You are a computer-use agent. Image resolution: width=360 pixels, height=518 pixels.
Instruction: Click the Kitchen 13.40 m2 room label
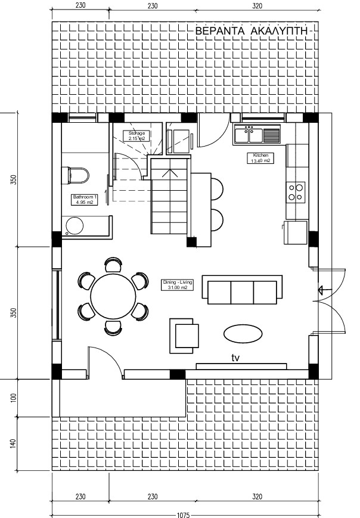[260, 158]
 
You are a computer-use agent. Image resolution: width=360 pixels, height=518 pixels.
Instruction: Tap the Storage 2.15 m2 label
[136, 136]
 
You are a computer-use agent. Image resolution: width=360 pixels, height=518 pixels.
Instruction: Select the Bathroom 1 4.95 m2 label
[85, 200]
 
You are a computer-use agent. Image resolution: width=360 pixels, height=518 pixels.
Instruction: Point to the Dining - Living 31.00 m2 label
[178, 285]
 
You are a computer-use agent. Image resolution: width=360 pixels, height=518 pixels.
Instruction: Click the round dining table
[113, 296]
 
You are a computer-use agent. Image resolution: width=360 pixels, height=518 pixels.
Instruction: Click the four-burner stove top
[296, 193]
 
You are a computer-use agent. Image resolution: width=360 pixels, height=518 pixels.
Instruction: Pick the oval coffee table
[243, 334]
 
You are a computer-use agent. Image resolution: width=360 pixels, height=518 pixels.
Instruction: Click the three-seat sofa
[242, 290]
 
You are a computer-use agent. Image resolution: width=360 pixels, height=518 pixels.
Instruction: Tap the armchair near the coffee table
[184, 336]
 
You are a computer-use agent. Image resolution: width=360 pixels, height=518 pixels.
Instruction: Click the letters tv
[235, 358]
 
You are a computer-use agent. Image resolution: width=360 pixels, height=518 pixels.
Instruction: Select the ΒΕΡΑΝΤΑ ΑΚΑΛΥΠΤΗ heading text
[252, 31]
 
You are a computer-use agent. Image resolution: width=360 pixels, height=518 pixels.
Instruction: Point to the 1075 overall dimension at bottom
[184, 514]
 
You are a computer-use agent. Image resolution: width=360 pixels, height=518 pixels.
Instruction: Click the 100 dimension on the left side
[14, 398]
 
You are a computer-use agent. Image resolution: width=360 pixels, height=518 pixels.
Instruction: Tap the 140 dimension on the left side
[14, 443]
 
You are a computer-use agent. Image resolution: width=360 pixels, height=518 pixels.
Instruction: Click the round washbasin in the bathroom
[75, 226]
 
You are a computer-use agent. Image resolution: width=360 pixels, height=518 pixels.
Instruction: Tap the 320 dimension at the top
[257, 5]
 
